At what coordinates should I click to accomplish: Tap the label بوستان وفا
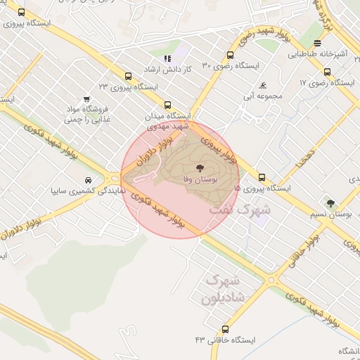(x=198, y=181)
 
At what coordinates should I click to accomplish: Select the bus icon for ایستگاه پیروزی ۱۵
(x=262, y=178)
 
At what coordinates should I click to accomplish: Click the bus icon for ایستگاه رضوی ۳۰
(x=231, y=55)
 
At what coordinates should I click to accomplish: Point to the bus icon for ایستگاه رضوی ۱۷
(x=327, y=72)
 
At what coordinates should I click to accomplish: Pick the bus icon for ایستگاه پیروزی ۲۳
(x=128, y=76)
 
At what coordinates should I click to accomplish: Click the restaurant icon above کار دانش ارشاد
(x=167, y=59)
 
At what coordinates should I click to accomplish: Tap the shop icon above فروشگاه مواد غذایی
(x=86, y=98)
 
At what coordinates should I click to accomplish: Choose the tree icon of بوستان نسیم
(x=330, y=203)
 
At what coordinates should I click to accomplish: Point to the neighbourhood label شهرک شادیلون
(x=220, y=288)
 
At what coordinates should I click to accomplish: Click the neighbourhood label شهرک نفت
(x=255, y=209)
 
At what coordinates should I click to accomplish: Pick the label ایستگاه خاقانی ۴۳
(x=226, y=340)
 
